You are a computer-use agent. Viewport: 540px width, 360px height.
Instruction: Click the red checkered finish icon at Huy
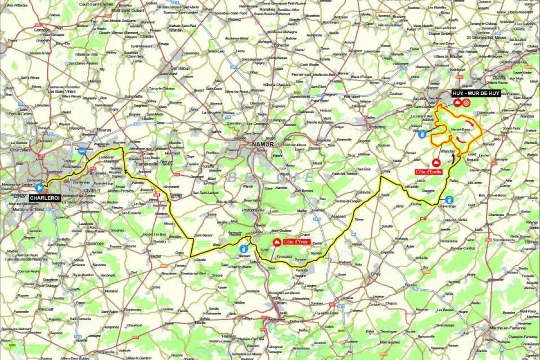pos(467,103)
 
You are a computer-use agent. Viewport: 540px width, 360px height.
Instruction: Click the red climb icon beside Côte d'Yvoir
pos(277,242)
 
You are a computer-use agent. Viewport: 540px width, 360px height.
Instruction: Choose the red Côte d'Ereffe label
pos(429,172)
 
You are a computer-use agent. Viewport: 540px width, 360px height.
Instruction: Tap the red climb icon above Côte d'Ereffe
pos(436,162)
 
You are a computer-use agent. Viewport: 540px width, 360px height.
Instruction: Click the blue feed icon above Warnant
pos(243,248)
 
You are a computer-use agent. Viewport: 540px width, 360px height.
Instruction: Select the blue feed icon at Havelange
pos(449,199)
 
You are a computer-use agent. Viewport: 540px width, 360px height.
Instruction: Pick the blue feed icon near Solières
pos(422,133)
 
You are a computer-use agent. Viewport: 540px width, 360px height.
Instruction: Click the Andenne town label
pos(378,126)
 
